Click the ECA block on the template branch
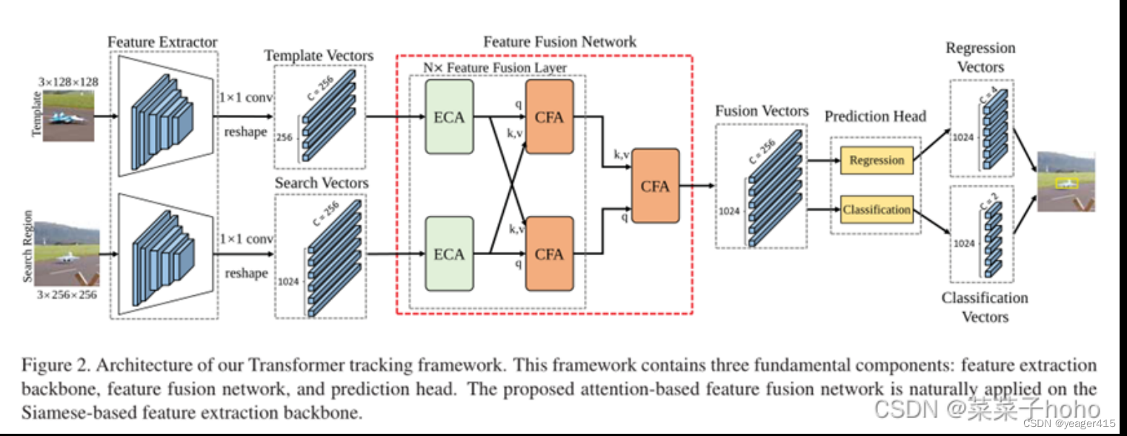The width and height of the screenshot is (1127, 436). click(x=449, y=117)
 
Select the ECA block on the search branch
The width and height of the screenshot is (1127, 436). click(x=449, y=254)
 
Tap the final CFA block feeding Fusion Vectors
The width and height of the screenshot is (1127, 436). click(x=655, y=186)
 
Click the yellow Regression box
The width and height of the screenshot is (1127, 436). click(x=877, y=160)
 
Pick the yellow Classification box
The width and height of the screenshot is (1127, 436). click(x=877, y=210)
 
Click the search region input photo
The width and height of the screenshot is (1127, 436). click(x=69, y=253)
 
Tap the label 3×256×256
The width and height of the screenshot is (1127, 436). click(x=69, y=294)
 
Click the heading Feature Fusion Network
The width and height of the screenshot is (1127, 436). click(x=559, y=42)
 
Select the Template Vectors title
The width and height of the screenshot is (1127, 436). click(x=319, y=56)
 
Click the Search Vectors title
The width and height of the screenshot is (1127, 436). click(x=322, y=182)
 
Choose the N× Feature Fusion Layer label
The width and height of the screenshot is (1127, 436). click(x=495, y=67)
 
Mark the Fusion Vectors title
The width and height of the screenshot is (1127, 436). click(x=762, y=111)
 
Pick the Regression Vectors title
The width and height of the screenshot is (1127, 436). click(x=980, y=57)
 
